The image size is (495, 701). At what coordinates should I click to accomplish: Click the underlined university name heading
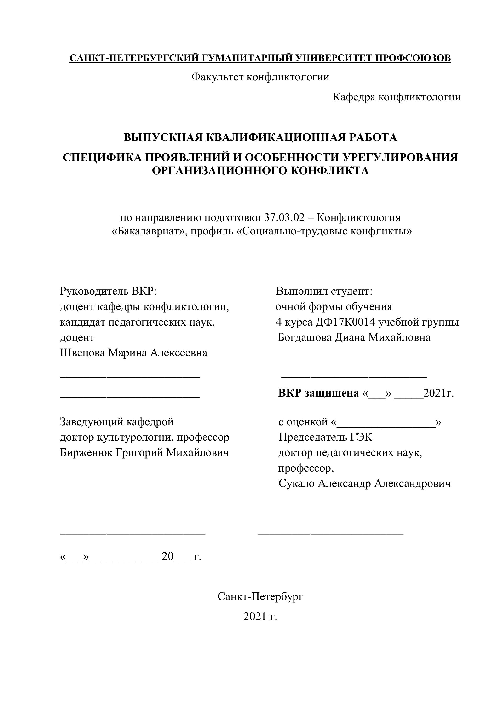[x=260, y=58]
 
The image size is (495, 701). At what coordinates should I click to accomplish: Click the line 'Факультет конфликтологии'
[x=260, y=77]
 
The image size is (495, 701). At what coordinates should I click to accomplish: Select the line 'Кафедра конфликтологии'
[x=397, y=97]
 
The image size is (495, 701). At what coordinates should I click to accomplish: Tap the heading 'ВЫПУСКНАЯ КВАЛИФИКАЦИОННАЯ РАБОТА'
[x=260, y=137]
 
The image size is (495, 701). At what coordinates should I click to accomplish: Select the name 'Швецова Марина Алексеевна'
[x=133, y=353]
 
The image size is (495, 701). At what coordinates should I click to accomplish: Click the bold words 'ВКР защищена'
[x=319, y=393]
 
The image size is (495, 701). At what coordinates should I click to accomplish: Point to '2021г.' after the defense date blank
[x=438, y=393]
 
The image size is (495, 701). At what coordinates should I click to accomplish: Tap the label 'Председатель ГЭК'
[x=325, y=437]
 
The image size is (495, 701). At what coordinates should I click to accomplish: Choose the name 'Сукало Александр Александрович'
[x=364, y=483]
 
